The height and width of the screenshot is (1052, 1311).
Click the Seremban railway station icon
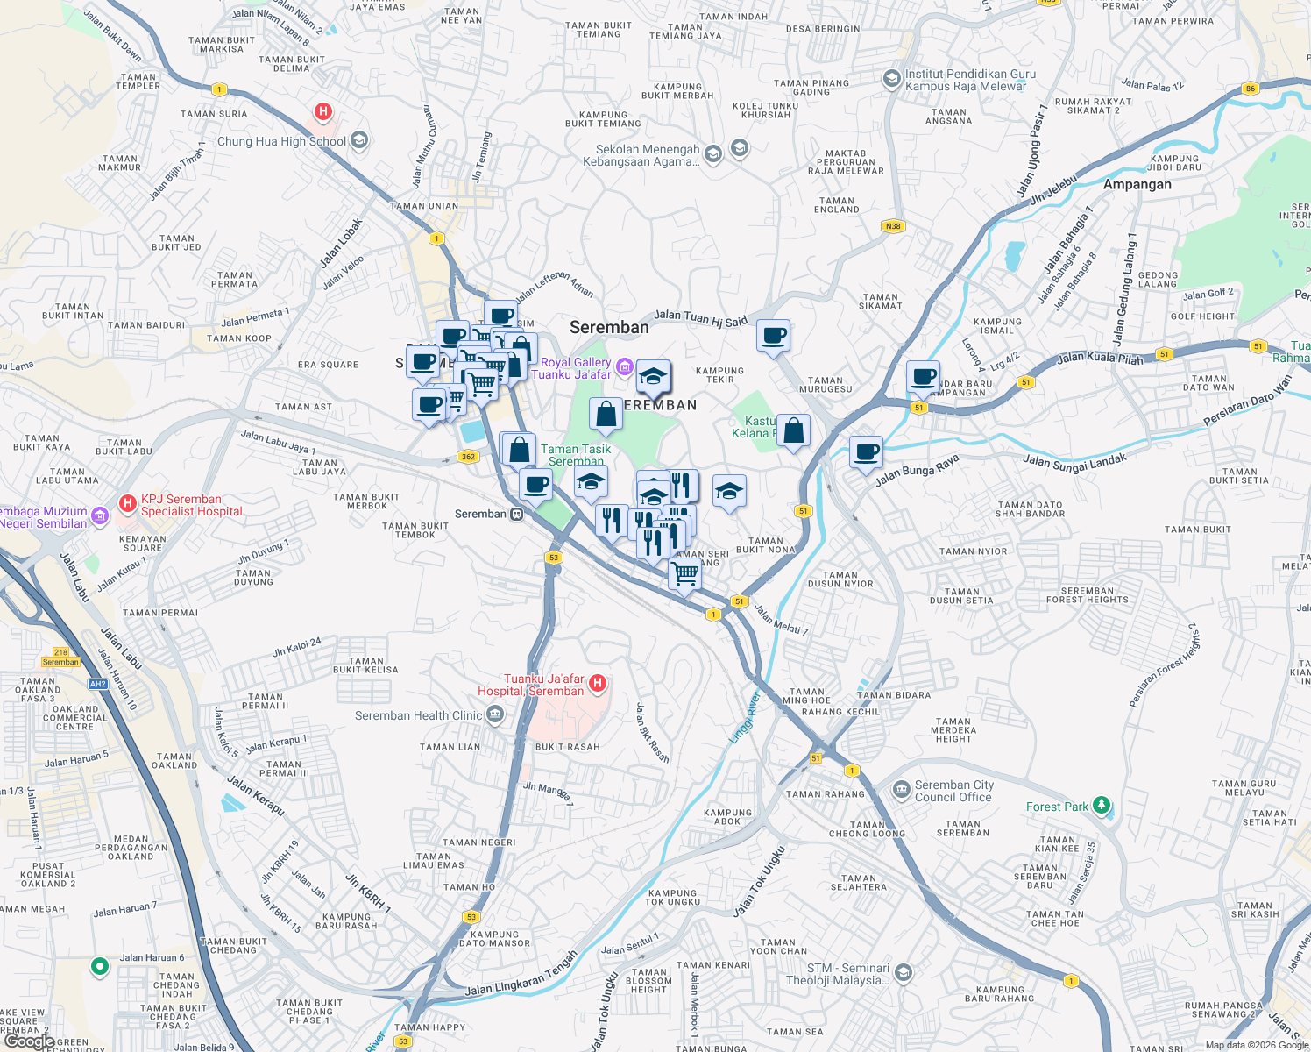pos(517,515)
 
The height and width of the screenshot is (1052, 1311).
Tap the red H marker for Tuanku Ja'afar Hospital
pos(598,684)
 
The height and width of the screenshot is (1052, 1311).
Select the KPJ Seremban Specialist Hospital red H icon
pos(127,503)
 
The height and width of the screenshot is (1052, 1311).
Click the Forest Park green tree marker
pos(1102,805)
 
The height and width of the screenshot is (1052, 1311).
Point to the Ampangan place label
pos(1137,185)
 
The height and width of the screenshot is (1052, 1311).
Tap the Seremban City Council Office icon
pos(901,790)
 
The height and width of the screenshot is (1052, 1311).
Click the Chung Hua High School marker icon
pos(358,140)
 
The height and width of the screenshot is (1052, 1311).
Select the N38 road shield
pos(892,226)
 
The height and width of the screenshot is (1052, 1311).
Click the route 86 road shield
pos(1250,89)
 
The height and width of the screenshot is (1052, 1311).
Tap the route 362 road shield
pos(467,457)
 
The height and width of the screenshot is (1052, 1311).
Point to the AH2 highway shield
pos(97,684)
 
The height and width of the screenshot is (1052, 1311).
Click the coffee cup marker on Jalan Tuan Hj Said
pos(774,335)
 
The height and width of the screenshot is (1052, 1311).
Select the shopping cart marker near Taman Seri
pos(684,573)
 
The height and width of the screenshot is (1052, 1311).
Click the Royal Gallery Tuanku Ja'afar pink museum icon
pos(624,366)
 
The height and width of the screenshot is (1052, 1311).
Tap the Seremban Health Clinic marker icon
pos(495,716)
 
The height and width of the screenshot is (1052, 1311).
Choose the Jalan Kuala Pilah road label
pos(1100,359)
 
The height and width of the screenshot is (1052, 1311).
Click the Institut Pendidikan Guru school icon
pos(892,80)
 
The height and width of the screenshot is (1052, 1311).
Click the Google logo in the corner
pos(29,1041)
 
